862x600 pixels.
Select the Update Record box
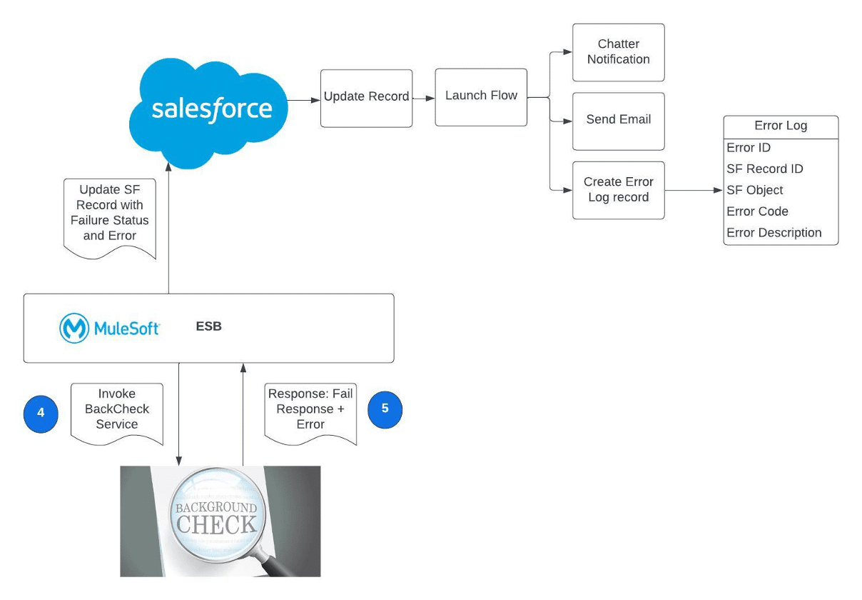click(366, 98)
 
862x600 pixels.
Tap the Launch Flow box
click(481, 97)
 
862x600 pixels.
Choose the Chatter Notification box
click(618, 52)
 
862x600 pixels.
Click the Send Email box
click(618, 120)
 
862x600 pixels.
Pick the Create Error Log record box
click(618, 190)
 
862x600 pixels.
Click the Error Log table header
click(781, 126)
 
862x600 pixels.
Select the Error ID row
click(749, 148)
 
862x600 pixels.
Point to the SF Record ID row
click(764, 169)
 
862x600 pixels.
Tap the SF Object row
click(754, 191)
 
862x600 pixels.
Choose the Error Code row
click(757, 211)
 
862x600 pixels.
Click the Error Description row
click(774, 233)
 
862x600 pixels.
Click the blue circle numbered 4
click(41, 414)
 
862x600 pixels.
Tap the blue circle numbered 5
click(385, 409)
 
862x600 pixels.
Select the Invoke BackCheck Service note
click(117, 410)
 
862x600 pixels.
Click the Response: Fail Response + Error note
click(310, 410)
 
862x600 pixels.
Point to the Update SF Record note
click(109, 213)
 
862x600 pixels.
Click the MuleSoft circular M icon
click(73, 328)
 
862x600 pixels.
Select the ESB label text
click(208, 327)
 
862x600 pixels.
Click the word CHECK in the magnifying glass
click(216, 525)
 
